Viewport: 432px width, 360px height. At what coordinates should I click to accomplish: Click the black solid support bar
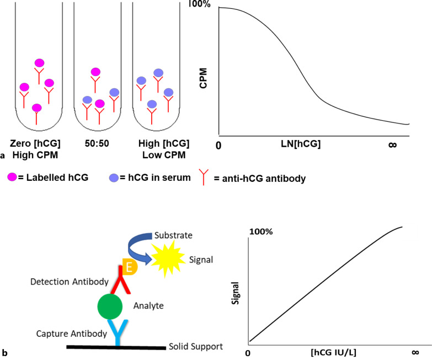point(115,348)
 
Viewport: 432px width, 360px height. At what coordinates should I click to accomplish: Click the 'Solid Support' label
point(196,346)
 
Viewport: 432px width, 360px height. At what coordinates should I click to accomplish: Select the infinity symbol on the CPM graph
point(393,145)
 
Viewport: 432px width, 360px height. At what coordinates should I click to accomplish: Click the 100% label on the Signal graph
point(261,232)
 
